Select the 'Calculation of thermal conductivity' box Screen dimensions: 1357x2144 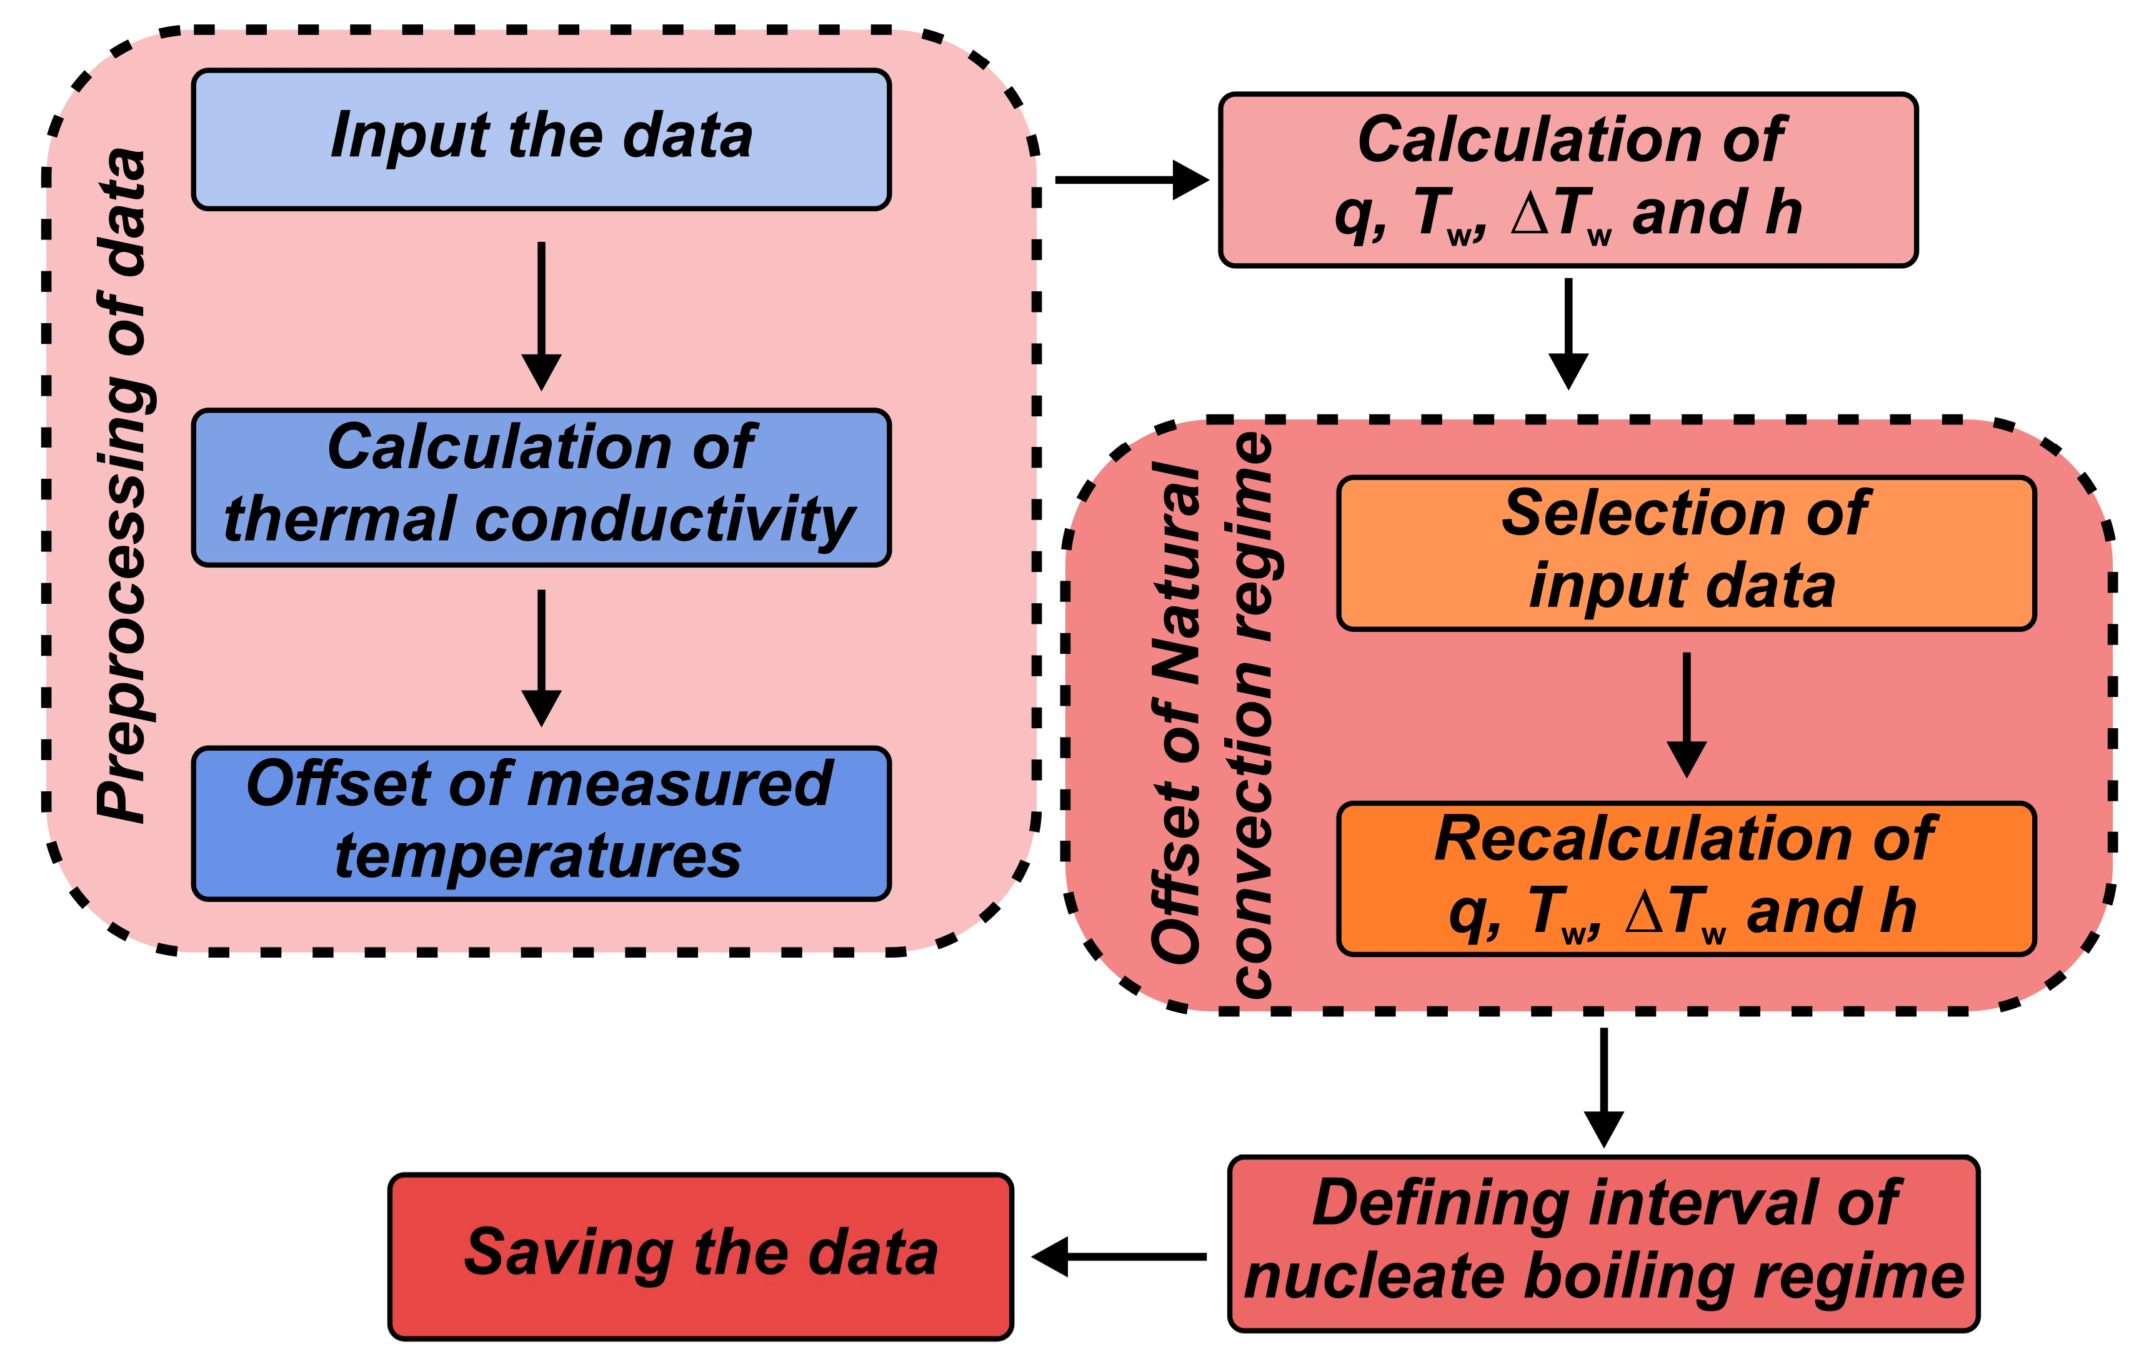point(541,487)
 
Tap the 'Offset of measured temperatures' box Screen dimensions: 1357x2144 point(541,823)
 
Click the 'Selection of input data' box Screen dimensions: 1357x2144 point(1685,553)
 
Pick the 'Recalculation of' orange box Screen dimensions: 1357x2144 point(1685,879)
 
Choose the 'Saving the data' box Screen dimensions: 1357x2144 point(701,1256)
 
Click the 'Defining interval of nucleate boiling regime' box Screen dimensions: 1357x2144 point(1603,1243)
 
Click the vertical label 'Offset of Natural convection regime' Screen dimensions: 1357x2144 point(1213,713)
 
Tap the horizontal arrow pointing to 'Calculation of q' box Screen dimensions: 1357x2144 point(1131,180)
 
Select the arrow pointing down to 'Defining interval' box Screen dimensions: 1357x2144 point(1603,1087)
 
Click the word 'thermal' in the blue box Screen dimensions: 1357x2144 point(338,519)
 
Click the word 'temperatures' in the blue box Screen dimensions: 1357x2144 point(539,856)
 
